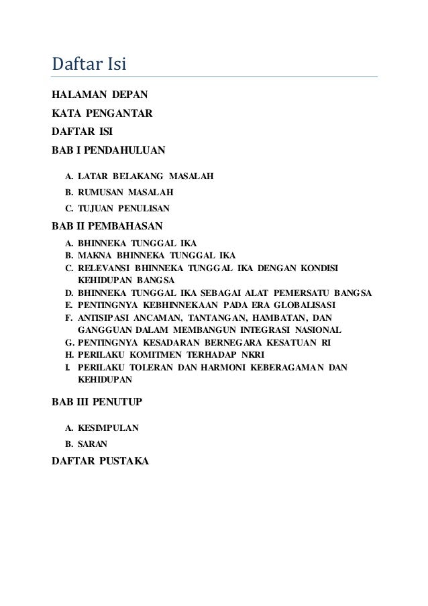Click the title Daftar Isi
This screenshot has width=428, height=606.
click(89, 65)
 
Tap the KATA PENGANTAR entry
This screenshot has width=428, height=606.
click(102, 114)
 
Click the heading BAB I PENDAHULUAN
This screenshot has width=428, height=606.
click(108, 149)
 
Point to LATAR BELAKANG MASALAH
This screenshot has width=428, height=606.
click(145, 177)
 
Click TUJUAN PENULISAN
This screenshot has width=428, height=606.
click(123, 209)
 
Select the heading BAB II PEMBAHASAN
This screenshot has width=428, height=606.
click(107, 227)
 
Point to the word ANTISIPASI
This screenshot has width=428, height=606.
click(104, 317)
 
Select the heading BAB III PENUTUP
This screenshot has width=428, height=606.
click(97, 402)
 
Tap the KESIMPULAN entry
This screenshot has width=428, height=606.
click(108, 427)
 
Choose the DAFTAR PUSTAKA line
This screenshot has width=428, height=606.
click(101, 461)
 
